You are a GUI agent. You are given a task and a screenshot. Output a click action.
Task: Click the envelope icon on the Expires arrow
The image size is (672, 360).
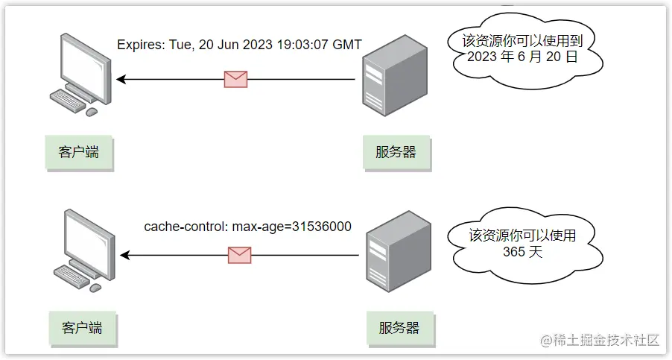[x=235, y=79]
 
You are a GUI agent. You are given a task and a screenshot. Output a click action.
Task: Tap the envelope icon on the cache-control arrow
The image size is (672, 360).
[x=239, y=255]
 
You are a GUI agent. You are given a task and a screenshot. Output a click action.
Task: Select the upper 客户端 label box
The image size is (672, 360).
[x=78, y=152]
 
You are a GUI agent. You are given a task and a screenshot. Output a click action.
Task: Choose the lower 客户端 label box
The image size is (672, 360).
[x=81, y=327]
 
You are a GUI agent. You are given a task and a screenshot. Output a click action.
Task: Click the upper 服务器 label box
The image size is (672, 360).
[x=396, y=152]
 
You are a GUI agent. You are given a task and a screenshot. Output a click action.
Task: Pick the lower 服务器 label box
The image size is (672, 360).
[x=399, y=327]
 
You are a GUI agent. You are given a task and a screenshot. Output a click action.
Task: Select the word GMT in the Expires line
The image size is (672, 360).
[x=346, y=45]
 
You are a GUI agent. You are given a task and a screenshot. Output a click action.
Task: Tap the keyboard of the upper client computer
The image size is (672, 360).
[x=68, y=101]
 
